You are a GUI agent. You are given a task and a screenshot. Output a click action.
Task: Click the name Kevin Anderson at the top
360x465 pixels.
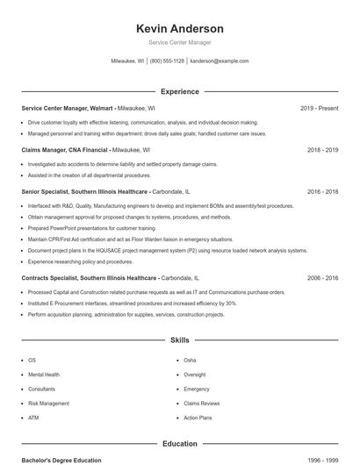tap(180, 29)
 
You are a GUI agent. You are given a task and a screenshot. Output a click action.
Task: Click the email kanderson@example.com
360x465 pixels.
tap(219, 61)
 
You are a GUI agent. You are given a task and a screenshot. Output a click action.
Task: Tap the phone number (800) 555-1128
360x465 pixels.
tap(167, 61)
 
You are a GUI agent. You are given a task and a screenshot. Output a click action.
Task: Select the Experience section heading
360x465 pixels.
tap(180, 91)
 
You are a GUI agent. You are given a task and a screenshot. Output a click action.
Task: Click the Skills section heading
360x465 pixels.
tap(180, 340)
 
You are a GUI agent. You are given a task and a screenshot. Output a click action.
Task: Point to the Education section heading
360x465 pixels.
tap(180, 444)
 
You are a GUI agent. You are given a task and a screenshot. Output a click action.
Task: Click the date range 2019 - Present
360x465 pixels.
tap(319, 108)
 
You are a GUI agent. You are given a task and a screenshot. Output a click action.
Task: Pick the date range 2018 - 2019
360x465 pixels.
tap(322, 150)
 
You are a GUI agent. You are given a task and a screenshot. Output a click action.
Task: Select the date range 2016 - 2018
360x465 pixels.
tap(322, 191)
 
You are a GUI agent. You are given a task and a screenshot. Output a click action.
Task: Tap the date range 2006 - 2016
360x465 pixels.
tap(322, 277)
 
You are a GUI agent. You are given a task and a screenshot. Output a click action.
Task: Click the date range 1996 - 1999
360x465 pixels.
tap(322, 460)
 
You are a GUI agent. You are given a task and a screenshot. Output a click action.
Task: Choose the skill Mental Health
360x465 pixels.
tap(44, 375)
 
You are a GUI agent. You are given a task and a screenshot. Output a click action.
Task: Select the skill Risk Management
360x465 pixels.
tap(48, 404)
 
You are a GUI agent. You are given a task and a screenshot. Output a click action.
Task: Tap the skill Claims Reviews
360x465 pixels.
tap(201, 404)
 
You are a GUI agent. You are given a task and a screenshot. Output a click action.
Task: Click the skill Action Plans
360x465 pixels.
tap(198, 418)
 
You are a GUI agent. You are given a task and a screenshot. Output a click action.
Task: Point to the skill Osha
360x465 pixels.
tap(190, 361)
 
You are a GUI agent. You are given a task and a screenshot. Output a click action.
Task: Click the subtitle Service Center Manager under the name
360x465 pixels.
tap(180, 42)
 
